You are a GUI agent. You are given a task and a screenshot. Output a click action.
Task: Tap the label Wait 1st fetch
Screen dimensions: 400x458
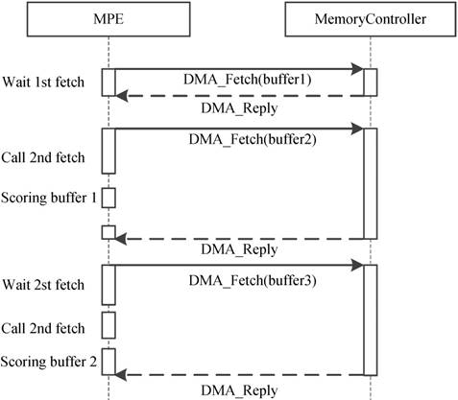point(42,81)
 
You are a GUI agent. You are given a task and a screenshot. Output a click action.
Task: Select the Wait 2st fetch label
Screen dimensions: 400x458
point(42,285)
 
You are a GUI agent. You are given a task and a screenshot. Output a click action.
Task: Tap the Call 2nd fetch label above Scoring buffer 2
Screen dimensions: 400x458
point(44,326)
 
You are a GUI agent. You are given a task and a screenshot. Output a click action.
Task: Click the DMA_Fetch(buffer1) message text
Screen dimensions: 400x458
point(240,81)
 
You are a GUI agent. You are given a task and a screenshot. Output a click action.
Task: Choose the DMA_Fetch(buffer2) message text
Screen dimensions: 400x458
point(240,140)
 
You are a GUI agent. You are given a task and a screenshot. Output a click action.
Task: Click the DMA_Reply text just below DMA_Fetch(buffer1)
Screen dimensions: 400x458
point(240,106)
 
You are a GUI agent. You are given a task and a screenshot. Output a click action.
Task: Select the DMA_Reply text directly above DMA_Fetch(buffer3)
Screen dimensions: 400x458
point(240,249)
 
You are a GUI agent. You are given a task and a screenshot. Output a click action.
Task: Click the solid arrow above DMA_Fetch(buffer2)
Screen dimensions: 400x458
point(240,128)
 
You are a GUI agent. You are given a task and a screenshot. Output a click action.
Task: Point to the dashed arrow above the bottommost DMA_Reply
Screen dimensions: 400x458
point(240,374)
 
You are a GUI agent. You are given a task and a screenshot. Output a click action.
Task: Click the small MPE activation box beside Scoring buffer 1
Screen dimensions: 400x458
point(108,198)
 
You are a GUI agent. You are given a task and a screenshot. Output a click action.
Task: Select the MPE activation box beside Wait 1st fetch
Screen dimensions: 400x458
point(108,82)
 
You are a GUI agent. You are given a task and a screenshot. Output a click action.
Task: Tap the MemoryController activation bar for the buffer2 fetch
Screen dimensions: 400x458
point(370,182)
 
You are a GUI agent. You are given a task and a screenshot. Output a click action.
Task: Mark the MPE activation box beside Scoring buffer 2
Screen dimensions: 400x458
point(108,362)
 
